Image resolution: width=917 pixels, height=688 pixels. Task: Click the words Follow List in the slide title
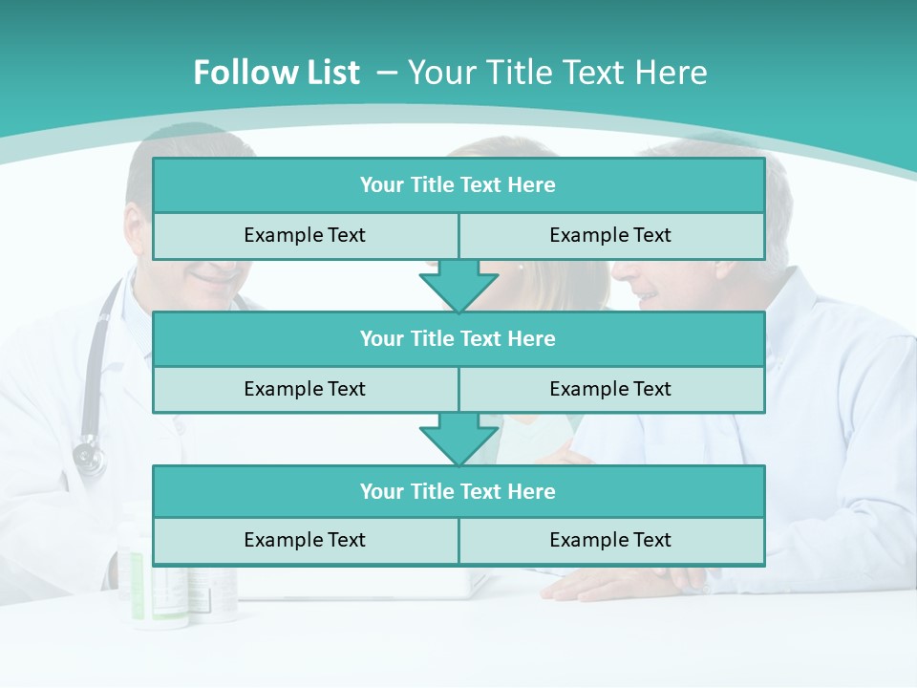[276, 73]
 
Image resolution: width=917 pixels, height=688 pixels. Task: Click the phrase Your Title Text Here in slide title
[557, 73]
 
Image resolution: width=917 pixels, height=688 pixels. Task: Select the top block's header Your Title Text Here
[458, 185]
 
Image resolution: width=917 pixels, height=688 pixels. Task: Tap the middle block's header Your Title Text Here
[458, 338]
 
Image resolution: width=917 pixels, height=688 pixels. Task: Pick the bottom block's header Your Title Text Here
[458, 491]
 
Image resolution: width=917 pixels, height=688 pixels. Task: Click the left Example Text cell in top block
[305, 235]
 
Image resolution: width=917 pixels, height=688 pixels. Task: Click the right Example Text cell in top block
[610, 235]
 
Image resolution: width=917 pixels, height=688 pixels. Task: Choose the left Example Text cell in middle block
[305, 389]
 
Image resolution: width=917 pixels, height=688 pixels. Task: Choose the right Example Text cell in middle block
[610, 389]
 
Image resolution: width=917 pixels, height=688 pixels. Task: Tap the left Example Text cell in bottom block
[305, 540]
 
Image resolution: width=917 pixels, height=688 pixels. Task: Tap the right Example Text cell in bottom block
[610, 540]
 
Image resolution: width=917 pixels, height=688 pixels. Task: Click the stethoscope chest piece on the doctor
[89, 457]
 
